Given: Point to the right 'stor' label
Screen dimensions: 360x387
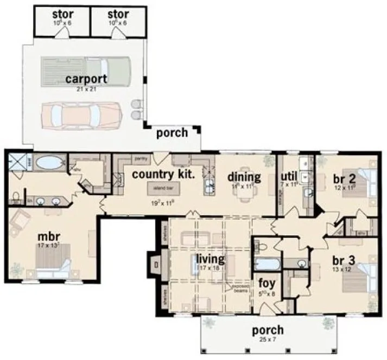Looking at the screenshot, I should (x=118, y=14).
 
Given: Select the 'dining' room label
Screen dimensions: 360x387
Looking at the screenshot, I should (x=244, y=177).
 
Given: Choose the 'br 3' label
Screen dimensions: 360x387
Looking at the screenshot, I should (x=344, y=260).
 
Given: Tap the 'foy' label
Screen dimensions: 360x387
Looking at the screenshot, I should (x=266, y=282).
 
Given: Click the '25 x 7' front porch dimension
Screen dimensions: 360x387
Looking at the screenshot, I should (x=267, y=339).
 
